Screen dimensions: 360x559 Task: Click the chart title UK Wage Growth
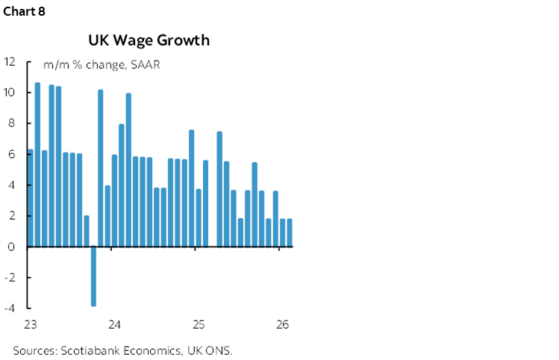coord(149,40)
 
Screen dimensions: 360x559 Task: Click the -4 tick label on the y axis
coord(9,308)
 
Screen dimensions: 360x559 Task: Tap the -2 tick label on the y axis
coord(9,277)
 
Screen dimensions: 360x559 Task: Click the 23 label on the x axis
coord(31,325)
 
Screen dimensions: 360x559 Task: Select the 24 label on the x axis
coord(114,325)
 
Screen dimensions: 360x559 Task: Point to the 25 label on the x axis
coord(199,325)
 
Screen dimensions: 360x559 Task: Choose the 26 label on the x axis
coord(282,325)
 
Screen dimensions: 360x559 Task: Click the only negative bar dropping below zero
coord(94,276)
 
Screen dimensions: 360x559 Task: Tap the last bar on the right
coord(290,232)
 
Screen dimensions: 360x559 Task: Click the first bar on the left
coord(30,198)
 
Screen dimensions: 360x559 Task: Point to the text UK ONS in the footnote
coord(223,350)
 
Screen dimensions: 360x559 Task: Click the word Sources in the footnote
coord(34,350)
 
